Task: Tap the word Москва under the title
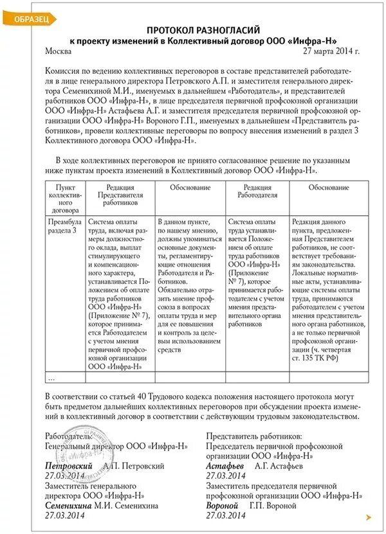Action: (x=60, y=50)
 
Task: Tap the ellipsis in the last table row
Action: (x=52, y=377)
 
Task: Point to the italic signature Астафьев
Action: (x=224, y=465)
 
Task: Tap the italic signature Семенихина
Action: (x=69, y=506)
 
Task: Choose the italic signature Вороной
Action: (x=223, y=506)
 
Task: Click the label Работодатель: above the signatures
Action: (x=69, y=435)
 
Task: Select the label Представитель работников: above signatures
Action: (x=253, y=435)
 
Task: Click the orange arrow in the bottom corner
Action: (x=368, y=517)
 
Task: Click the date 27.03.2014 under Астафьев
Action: (x=226, y=476)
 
